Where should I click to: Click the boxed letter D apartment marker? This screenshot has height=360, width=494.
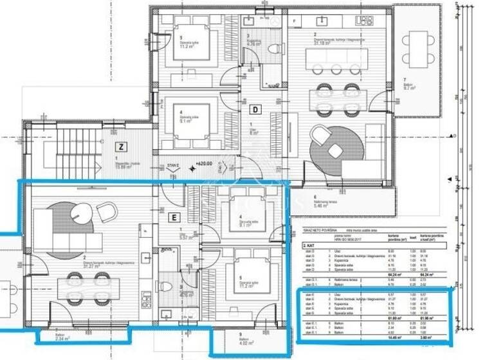255,109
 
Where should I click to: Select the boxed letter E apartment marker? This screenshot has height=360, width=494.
173,217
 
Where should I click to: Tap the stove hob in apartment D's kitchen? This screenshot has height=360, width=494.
364,21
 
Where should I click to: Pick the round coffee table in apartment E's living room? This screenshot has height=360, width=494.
82,211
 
